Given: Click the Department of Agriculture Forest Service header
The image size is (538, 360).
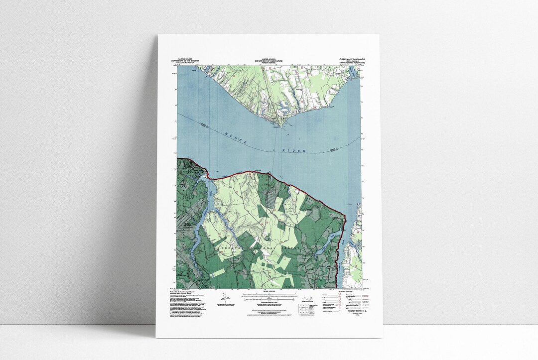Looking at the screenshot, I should pyautogui.click(x=269, y=61).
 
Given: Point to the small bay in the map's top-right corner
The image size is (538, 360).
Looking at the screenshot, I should pyautogui.click(x=354, y=72).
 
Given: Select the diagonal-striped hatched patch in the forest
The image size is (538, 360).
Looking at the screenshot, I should pyautogui.click(x=267, y=204).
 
